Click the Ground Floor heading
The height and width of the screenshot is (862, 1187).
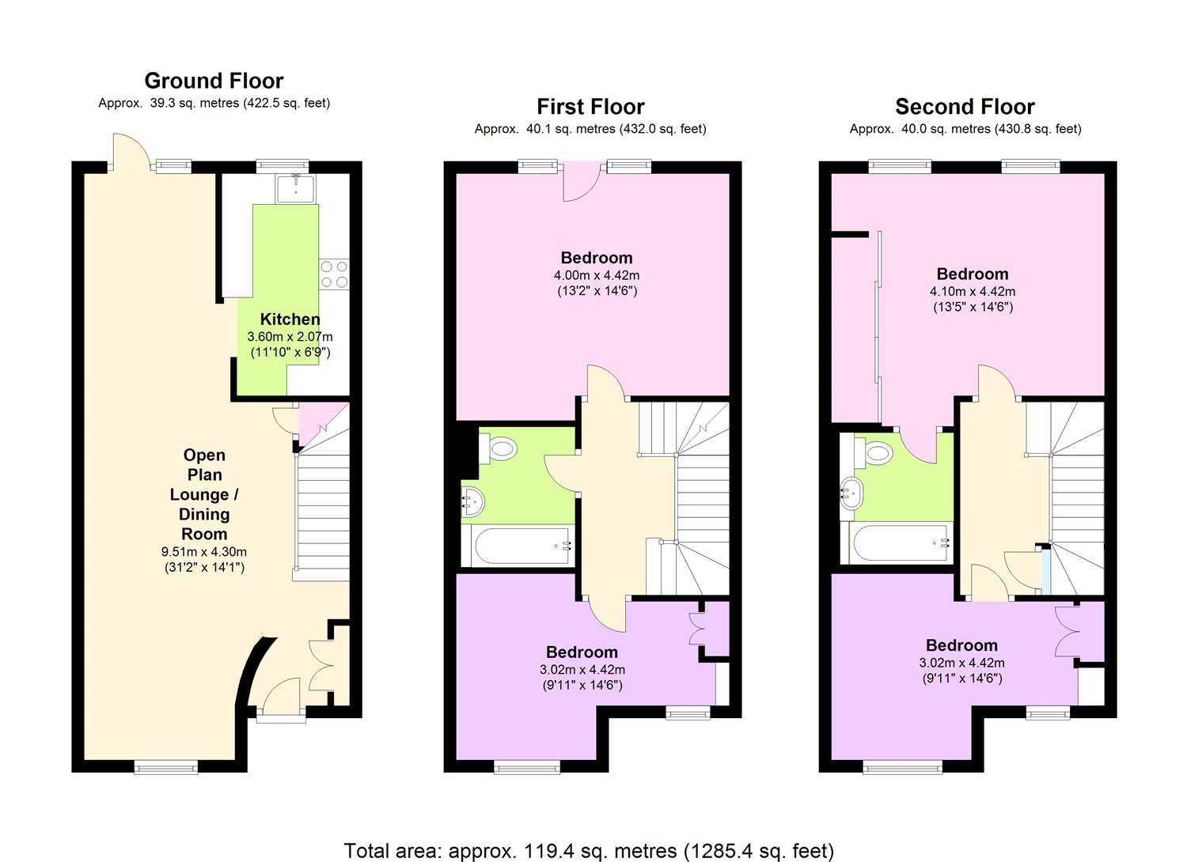pyautogui.click(x=214, y=81)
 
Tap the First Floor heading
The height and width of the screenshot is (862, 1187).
pyautogui.click(x=590, y=107)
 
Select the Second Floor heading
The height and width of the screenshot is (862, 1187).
pyautogui.click(x=965, y=107)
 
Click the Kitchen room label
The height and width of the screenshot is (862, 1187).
pyautogui.click(x=290, y=319)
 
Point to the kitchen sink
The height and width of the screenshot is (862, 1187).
pyautogui.click(x=295, y=188)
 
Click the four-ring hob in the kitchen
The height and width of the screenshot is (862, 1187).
pyautogui.click(x=334, y=274)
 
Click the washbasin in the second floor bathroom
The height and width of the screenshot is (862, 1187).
pyautogui.click(x=851, y=493)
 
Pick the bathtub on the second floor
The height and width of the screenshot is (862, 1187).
pyautogui.click(x=901, y=543)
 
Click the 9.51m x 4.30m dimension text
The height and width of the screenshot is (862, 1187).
pyautogui.click(x=204, y=552)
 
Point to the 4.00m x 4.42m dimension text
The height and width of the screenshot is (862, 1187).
pyautogui.click(x=597, y=275)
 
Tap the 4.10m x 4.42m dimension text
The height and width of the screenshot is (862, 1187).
pyautogui.click(x=973, y=292)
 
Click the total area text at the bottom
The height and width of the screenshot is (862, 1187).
pyautogui.click(x=589, y=851)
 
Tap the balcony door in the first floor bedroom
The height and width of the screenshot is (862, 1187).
pyautogui.click(x=581, y=182)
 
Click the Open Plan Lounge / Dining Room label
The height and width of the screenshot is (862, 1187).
pyautogui.click(x=204, y=494)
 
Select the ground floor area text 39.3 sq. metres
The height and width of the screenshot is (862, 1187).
pyautogui.click(x=214, y=103)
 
